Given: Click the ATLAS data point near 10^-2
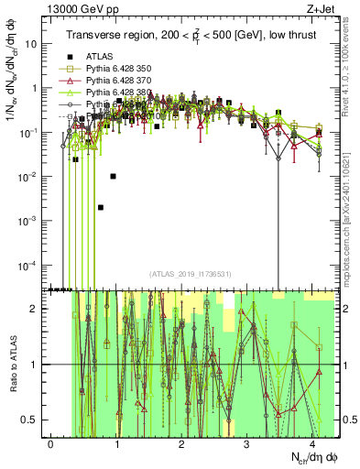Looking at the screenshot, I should coord(113,176).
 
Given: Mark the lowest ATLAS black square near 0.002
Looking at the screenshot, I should coord(101,207).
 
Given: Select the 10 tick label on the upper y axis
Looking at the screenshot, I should coord(35,43).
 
